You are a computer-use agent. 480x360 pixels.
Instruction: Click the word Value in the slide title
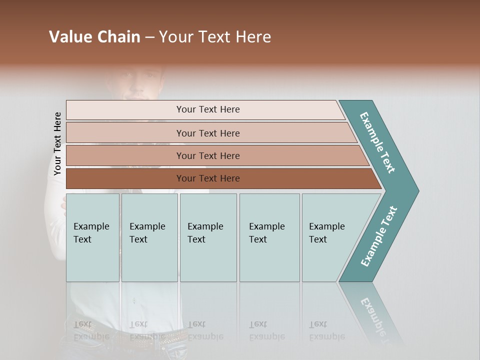pos(69,37)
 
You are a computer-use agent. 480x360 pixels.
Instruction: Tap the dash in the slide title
pos(149,37)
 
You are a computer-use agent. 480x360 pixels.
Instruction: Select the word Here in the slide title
pos(253,37)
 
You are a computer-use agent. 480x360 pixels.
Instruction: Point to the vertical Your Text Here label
pos(57,143)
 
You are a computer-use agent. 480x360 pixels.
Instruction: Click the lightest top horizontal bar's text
pos(208,109)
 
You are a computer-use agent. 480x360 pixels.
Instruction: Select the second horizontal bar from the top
pos(208,133)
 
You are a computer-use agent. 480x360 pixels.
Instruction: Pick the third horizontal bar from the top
pos(208,155)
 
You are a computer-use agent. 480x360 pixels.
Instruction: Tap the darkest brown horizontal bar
pos(208,178)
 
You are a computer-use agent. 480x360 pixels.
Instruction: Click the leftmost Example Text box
pos(92,237)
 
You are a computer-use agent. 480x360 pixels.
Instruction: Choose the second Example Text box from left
pos(149,237)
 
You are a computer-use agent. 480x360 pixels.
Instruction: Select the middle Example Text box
pos(208,237)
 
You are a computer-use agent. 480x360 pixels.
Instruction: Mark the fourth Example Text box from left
pos(269,237)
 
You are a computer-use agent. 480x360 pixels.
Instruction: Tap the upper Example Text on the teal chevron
pos(377,142)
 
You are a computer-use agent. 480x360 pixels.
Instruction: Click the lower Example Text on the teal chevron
pos(378,236)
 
